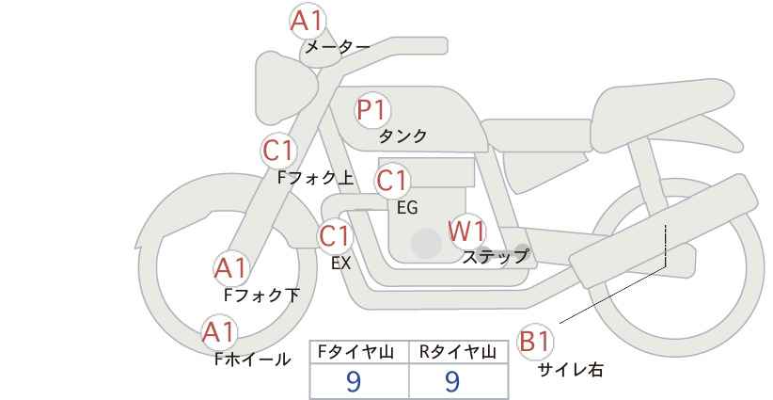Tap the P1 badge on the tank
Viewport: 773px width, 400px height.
[372, 110]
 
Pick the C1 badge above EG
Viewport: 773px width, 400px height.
[393, 181]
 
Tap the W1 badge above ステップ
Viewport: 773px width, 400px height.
[466, 231]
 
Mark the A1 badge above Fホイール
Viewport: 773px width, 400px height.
[220, 332]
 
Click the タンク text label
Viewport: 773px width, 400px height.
[402, 136]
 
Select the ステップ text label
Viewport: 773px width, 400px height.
[496, 255]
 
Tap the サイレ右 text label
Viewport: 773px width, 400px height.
[570, 370]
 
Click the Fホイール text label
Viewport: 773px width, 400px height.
[251, 360]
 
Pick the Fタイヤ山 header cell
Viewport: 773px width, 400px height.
[360, 352]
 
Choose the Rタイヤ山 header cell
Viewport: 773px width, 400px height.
[461, 352]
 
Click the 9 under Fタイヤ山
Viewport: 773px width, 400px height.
[354, 380]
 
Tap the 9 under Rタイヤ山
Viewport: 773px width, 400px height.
[452, 380]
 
